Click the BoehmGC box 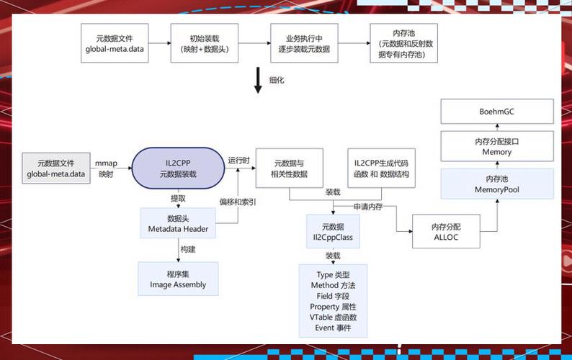(497, 112)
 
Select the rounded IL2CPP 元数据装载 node (178, 168)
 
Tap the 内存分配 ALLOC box (446, 232)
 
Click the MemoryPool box (497, 184)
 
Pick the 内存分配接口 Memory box (497, 147)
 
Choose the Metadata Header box (178, 224)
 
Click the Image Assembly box (178, 279)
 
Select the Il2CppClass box (333, 231)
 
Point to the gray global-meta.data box (56, 168)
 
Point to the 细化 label (277, 80)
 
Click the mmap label (106, 163)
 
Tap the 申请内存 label (367, 207)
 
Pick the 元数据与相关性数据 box (290, 168)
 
